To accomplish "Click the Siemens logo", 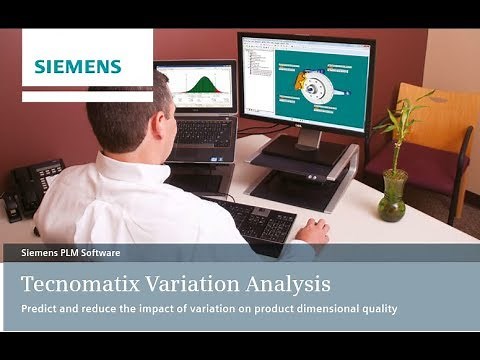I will click(78, 67).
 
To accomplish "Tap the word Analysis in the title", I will click(294, 281).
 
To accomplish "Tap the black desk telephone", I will click(30, 185).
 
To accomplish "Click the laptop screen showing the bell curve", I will click(195, 87).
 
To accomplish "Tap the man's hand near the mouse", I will click(312, 231).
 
